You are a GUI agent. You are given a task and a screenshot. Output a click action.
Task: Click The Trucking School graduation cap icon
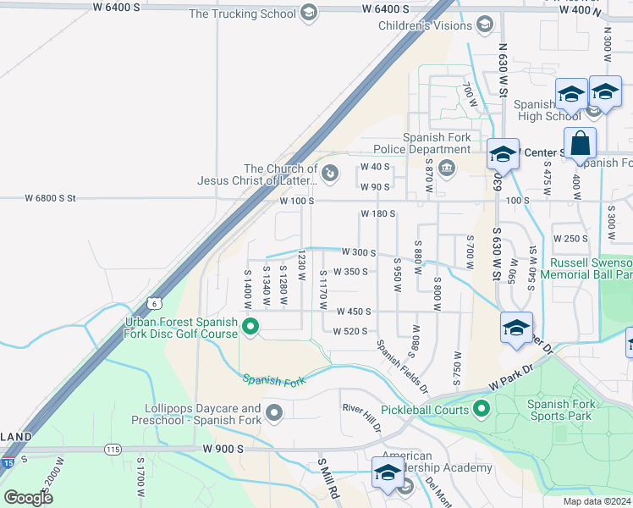tap(309, 13)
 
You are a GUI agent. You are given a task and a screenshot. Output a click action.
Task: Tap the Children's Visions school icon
tap(485, 24)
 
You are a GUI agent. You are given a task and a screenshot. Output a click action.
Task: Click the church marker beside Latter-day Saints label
tap(330, 174)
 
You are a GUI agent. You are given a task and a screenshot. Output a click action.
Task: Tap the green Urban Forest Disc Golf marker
tap(250, 326)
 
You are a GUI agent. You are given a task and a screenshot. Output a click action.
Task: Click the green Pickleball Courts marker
tap(482, 411)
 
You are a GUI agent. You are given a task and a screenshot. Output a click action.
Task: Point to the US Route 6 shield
tap(153, 302)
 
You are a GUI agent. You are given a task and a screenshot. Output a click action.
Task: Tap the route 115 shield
tap(113, 449)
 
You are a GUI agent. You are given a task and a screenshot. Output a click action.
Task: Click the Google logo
tap(28, 498)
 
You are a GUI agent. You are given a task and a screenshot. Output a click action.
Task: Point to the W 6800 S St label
tap(50, 198)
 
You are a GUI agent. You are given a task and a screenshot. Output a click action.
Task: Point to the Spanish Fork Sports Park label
tap(561, 411)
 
